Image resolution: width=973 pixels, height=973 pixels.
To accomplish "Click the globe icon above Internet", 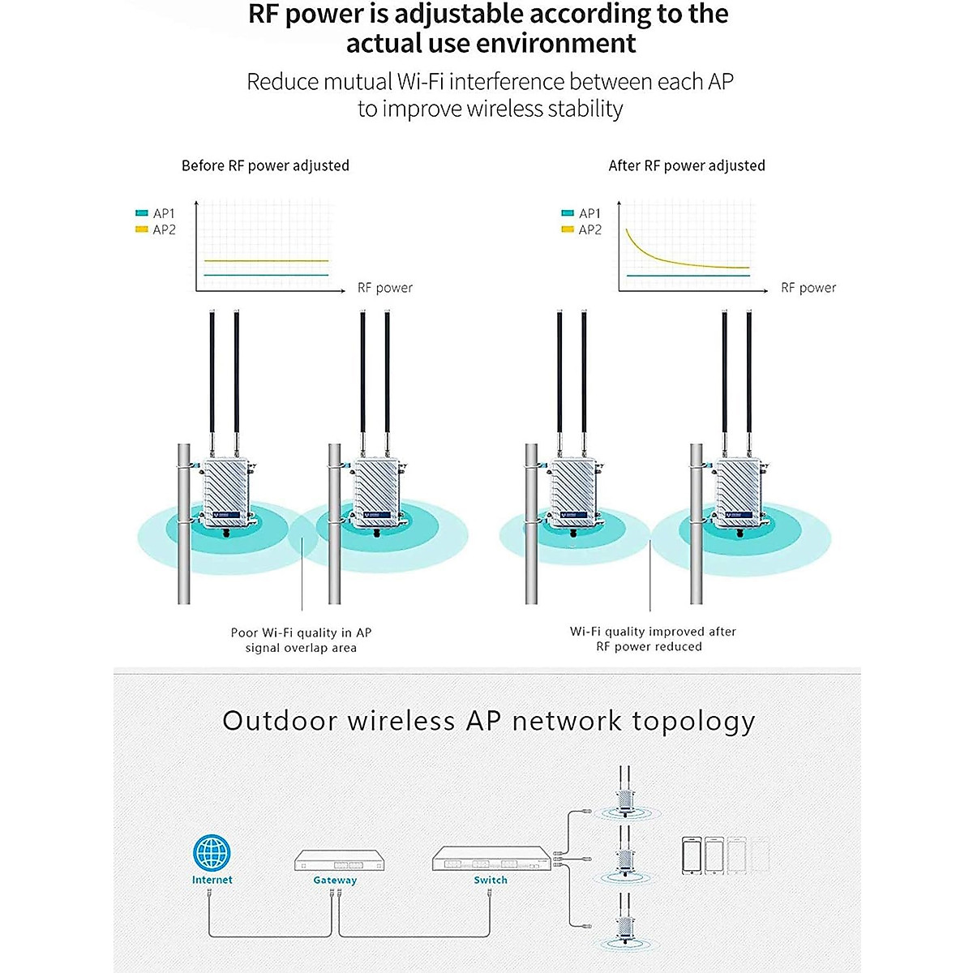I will [x=212, y=852].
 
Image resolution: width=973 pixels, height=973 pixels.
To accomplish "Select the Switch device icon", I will [x=491, y=859].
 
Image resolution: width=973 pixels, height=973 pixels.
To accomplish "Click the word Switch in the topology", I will [x=491, y=880].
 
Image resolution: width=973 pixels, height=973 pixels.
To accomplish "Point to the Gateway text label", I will [x=335, y=881].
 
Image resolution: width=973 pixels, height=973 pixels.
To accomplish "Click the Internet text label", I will [x=212, y=880].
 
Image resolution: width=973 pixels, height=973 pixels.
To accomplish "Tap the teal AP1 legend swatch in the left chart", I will [x=142, y=213].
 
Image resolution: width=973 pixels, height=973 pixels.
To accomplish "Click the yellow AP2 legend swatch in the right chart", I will [x=568, y=229].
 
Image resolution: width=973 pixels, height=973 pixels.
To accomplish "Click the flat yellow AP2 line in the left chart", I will [x=266, y=261].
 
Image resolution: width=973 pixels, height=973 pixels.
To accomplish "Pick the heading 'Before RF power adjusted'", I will [x=265, y=165].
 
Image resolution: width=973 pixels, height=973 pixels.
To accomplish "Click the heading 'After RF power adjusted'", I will [x=687, y=165].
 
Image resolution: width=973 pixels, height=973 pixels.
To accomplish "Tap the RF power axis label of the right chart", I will [x=808, y=288].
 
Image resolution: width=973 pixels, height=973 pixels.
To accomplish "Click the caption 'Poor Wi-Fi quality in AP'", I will [x=301, y=632].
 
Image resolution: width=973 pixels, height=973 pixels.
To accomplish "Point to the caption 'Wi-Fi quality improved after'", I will [x=653, y=632].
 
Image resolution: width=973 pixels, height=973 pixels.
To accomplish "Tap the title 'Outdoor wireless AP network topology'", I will [x=488, y=721].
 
